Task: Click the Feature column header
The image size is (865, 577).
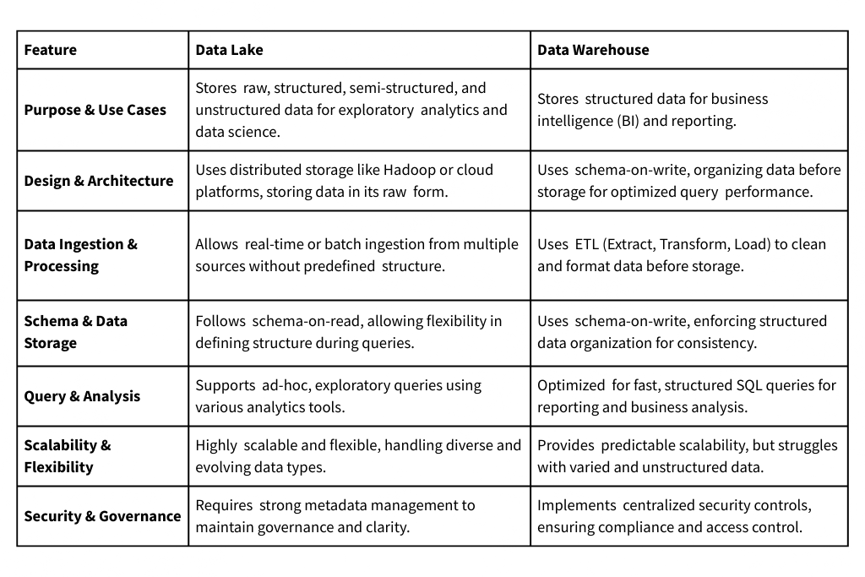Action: pos(51,50)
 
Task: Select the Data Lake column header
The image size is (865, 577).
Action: pos(229,50)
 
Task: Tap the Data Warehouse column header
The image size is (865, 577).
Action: pos(593,50)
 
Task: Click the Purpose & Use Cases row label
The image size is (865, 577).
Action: pos(95,110)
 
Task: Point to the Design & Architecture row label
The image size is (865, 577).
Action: pos(99,181)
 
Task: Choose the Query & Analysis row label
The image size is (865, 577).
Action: pos(82,396)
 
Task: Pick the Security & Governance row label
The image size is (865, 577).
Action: pos(102,516)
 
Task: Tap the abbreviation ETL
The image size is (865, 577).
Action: pos(589,244)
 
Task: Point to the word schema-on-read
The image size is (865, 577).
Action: pos(294,321)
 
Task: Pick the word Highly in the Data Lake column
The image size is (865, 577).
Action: pos(216,445)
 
